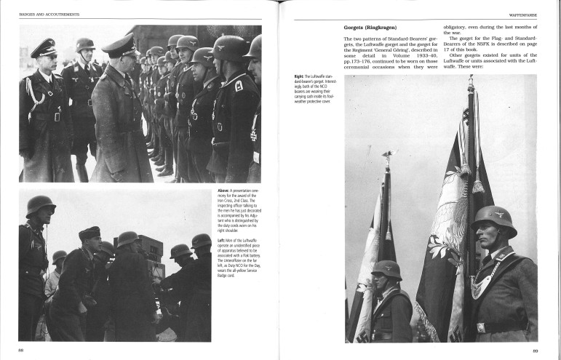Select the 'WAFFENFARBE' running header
point(523,14)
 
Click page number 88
point(21,350)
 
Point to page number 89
point(535,351)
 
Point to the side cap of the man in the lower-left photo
point(89,233)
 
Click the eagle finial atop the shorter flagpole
point(386,156)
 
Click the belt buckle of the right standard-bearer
point(482,328)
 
